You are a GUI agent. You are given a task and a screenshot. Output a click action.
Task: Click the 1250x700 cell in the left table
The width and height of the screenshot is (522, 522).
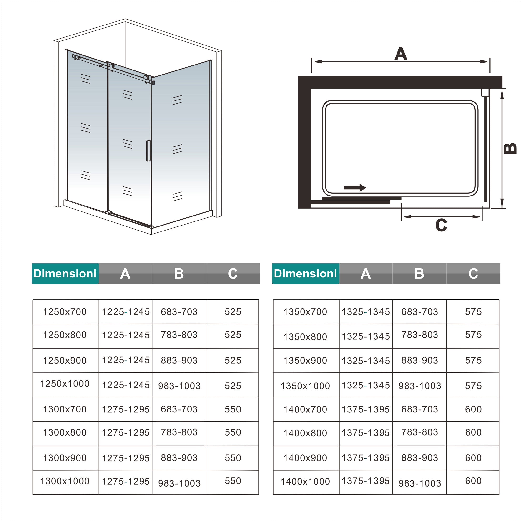pos(65,312)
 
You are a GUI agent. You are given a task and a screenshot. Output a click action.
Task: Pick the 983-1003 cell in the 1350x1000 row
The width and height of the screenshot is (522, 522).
pos(420,386)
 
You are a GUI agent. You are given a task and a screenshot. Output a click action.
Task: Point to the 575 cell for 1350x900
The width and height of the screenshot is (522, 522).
pos(473,360)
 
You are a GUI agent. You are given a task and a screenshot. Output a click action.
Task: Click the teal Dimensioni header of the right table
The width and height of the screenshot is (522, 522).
pos(305,273)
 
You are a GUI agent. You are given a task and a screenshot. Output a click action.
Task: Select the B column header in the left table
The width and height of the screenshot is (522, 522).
pos(179,273)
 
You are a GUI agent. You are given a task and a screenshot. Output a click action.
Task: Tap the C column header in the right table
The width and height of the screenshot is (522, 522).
pos(473,273)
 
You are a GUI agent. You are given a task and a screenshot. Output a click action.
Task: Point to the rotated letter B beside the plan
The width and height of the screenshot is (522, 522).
pos(510,148)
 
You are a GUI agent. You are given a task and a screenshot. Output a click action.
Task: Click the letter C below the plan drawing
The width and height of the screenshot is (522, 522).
pos(441,225)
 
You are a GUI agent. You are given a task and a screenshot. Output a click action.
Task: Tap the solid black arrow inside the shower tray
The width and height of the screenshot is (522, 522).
pos(355,187)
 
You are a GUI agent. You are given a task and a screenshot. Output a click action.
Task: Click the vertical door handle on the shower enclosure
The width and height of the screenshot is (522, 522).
pos(148,151)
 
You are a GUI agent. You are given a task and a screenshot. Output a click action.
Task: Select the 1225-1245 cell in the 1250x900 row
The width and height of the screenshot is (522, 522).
pos(126,360)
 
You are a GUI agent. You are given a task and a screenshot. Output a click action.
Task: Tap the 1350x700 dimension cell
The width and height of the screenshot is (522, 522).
pos(305,312)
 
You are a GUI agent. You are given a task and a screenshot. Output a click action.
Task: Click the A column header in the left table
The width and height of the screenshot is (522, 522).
pos(125,273)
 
